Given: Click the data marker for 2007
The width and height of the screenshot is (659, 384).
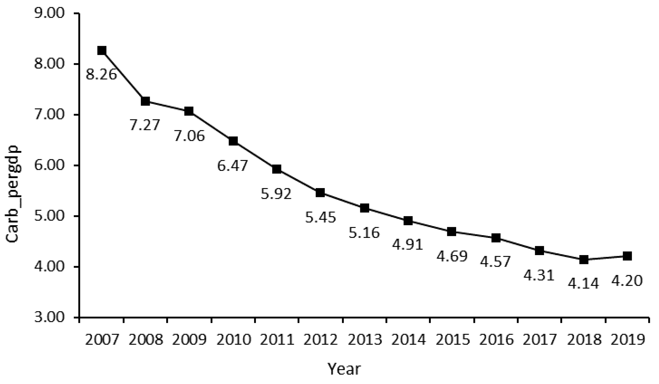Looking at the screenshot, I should (x=102, y=51).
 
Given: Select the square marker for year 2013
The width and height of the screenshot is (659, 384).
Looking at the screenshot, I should (x=365, y=208).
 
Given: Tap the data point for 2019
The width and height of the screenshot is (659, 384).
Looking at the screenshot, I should (x=627, y=256).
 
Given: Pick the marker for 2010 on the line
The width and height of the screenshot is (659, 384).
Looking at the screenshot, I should (x=233, y=141).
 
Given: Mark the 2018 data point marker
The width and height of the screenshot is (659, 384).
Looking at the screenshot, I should (x=584, y=260).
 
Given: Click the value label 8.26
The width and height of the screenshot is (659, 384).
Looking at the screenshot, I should (x=101, y=74).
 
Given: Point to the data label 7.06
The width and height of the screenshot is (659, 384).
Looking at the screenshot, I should (x=189, y=136).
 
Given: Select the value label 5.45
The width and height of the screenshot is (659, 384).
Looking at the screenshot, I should (x=321, y=217).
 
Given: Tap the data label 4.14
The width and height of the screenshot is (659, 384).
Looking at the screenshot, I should (x=583, y=283).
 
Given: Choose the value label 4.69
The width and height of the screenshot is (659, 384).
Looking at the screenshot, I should (x=452, y=256).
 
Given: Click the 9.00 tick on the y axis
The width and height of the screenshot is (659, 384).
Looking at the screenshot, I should (x=50, y=13).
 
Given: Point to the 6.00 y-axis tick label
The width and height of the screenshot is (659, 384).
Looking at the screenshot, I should (x=50, y=165).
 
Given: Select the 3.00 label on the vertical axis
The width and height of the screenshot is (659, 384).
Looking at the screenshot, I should (x=50, y=317).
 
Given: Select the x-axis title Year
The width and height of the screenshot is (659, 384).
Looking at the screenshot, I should (x=344, y=369).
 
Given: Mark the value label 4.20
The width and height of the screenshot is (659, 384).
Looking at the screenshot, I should (x=627, y=281).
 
